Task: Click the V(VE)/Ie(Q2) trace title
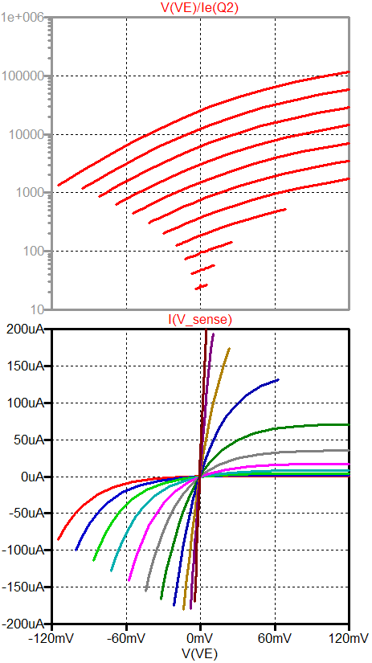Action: click(x=200, y=8)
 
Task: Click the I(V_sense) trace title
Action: click(x=200, y=320)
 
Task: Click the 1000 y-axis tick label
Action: click(x=31, y=193)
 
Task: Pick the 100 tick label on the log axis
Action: click(x=34, y=251)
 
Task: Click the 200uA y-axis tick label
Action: click(x=24, y=329)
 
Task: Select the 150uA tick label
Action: click(x=24, y=366)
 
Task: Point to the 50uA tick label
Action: click(x=27, y=440)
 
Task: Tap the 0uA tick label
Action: click(x=31, y=477)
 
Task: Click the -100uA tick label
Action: click(x=22, y=550)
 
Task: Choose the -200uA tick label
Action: click(x=22, y=624)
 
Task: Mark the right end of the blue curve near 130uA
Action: click(x=278, y=379)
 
